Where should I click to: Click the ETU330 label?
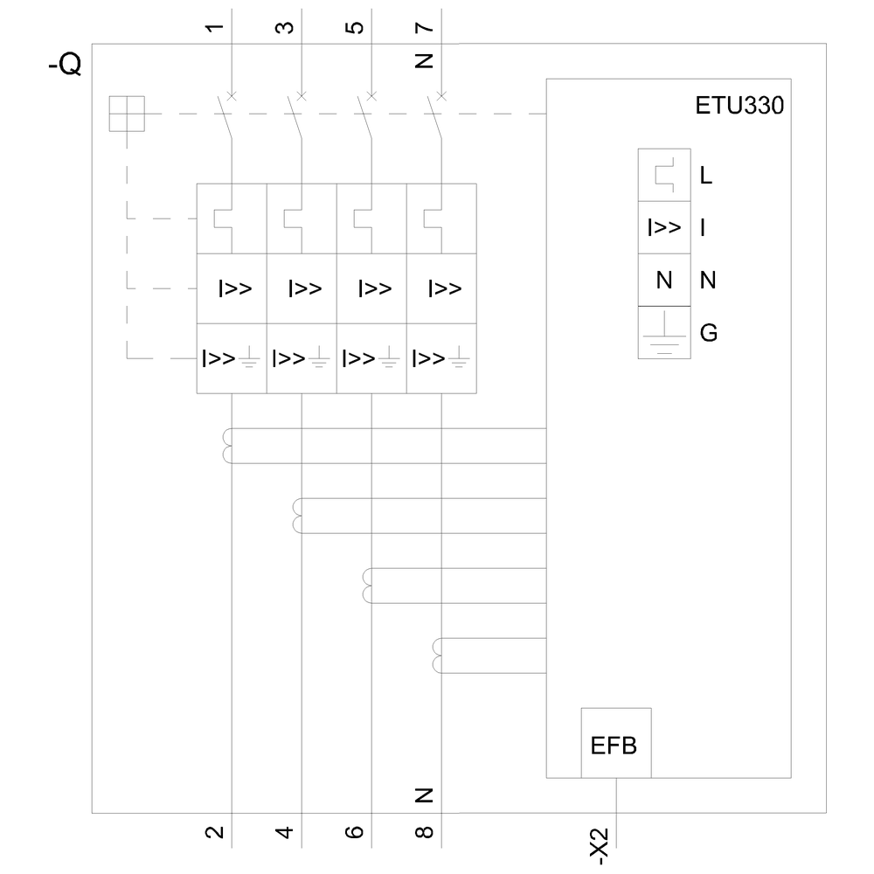[739, 108]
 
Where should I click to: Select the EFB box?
[616, 745]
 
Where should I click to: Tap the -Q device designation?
[66, 65]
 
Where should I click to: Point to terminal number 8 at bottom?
[425, 832]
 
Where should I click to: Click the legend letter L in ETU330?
[706, 176]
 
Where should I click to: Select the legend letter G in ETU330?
[708, 333]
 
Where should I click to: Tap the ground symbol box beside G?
[664, 333]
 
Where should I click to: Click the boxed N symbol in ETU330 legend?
[664, 281]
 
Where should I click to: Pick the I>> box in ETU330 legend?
[664, 228]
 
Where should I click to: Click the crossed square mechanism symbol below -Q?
[126, 114]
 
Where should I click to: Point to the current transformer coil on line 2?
[229, 446]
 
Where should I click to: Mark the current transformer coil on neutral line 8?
[439, 656]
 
